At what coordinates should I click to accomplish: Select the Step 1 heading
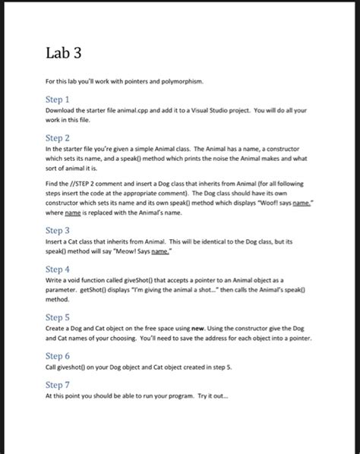pos(58,99)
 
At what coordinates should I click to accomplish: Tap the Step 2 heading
pos(58,137)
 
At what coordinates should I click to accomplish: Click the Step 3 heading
pos(58,230)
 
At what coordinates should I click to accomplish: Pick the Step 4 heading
pos(58,269)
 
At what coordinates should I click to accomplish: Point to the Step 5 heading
pos(58,317)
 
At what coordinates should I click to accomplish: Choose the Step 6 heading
pos(58,355)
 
